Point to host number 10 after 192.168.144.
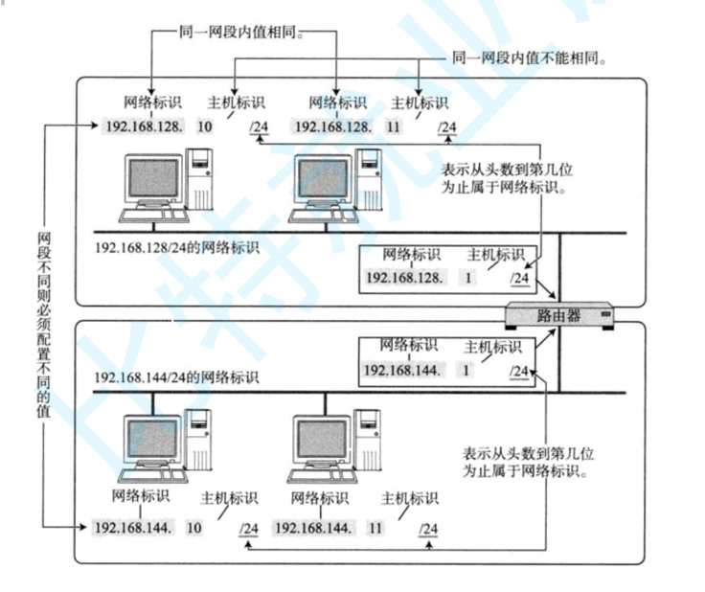pos(194,528)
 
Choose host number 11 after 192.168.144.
pos(375,528)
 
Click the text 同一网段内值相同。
pos(242,33)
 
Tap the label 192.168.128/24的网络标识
pos(176,248)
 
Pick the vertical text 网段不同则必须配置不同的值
pos(42,329)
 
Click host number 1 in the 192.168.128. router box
pos(468,278)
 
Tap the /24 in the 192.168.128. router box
pos(519,278)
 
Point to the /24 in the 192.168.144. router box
pos(517,370)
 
